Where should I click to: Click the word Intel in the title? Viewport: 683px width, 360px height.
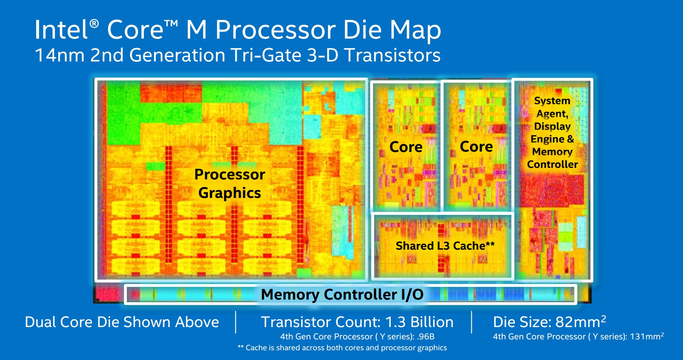pos(61,30)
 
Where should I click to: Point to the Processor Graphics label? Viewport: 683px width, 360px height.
pos(230,183)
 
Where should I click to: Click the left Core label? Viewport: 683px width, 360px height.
pos(406,147)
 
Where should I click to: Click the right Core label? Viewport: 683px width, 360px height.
pos(476,147)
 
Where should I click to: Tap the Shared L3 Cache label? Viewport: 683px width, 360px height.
pos(445,246)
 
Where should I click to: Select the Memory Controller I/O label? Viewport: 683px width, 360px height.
pos(342,294)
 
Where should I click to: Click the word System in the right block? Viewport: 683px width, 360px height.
pos(552,101)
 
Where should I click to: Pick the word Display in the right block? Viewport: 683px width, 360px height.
pos(552,126)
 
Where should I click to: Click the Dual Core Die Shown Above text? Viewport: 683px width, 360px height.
pos(122,322)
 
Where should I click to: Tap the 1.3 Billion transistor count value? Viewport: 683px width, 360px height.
pos(419,322)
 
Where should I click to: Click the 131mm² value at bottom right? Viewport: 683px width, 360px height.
pos(646,336)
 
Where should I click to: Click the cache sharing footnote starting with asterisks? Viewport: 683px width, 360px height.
pos(342,348)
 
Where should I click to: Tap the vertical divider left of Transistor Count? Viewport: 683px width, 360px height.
pos(236,322)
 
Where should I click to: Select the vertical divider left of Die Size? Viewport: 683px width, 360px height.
pos(471,322)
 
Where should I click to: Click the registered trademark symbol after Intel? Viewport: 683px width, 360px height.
pos(94,24)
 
